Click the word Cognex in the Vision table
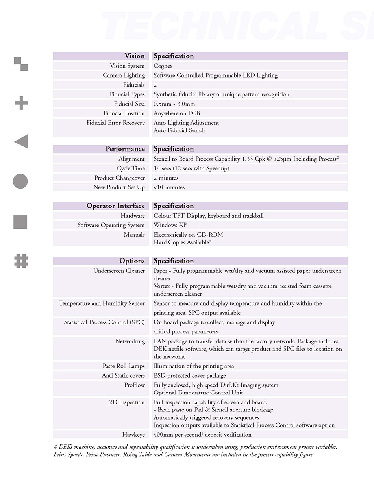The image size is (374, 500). [163, 66]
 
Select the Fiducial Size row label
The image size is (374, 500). [129, 104]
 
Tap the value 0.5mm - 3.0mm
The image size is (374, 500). [174, 104]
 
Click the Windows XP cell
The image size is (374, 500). [170, 225]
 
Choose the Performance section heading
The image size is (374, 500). [125, 149]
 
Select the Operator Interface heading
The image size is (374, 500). [115, 206]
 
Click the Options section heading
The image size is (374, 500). [132, 261]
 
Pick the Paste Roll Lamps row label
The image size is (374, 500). [124, 366]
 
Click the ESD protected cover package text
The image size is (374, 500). [190, 376]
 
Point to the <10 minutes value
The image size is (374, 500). [169, 187]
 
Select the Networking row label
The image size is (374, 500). [130, 341]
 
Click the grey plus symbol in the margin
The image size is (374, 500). [21, 103]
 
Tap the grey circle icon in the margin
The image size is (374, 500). [20, 181]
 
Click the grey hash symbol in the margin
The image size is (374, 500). [21, 261]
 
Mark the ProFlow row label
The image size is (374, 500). [134, 385]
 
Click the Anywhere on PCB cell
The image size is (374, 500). [177, 113]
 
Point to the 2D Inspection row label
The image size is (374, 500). [127, 402]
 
